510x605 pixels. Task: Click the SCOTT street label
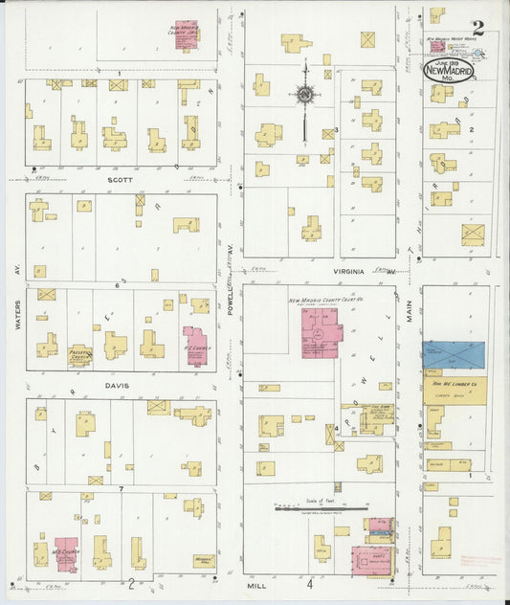pyautogui.click(x=120, y=179)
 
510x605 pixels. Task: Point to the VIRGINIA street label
pyautogui.click(x=348, y=272)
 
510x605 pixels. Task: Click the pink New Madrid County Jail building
pyautogui.click(x=187, y=35)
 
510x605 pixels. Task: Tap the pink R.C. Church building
pyautogui.click(x=195, y=347)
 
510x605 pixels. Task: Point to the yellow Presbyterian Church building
pyautogui.click(x=80, y=355)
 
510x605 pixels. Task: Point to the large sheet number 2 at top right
pyautogui.click(x=477, y=27)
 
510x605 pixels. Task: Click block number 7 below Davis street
pyautogui.click(x=122, y=489)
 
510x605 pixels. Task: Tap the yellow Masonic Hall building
pyautogui.click(x=202, y=560)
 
